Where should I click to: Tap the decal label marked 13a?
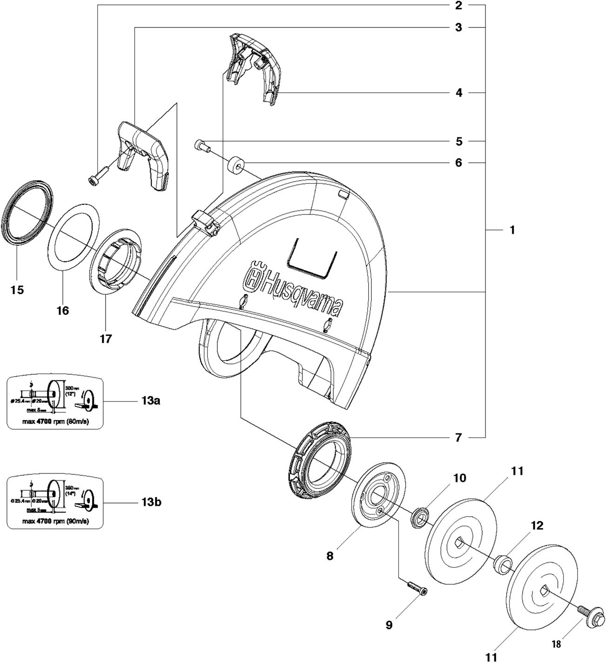(55, 402)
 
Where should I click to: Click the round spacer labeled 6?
(236, 166)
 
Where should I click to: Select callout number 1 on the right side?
(512, 230)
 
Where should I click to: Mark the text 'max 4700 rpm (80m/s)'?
(55, 422)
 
